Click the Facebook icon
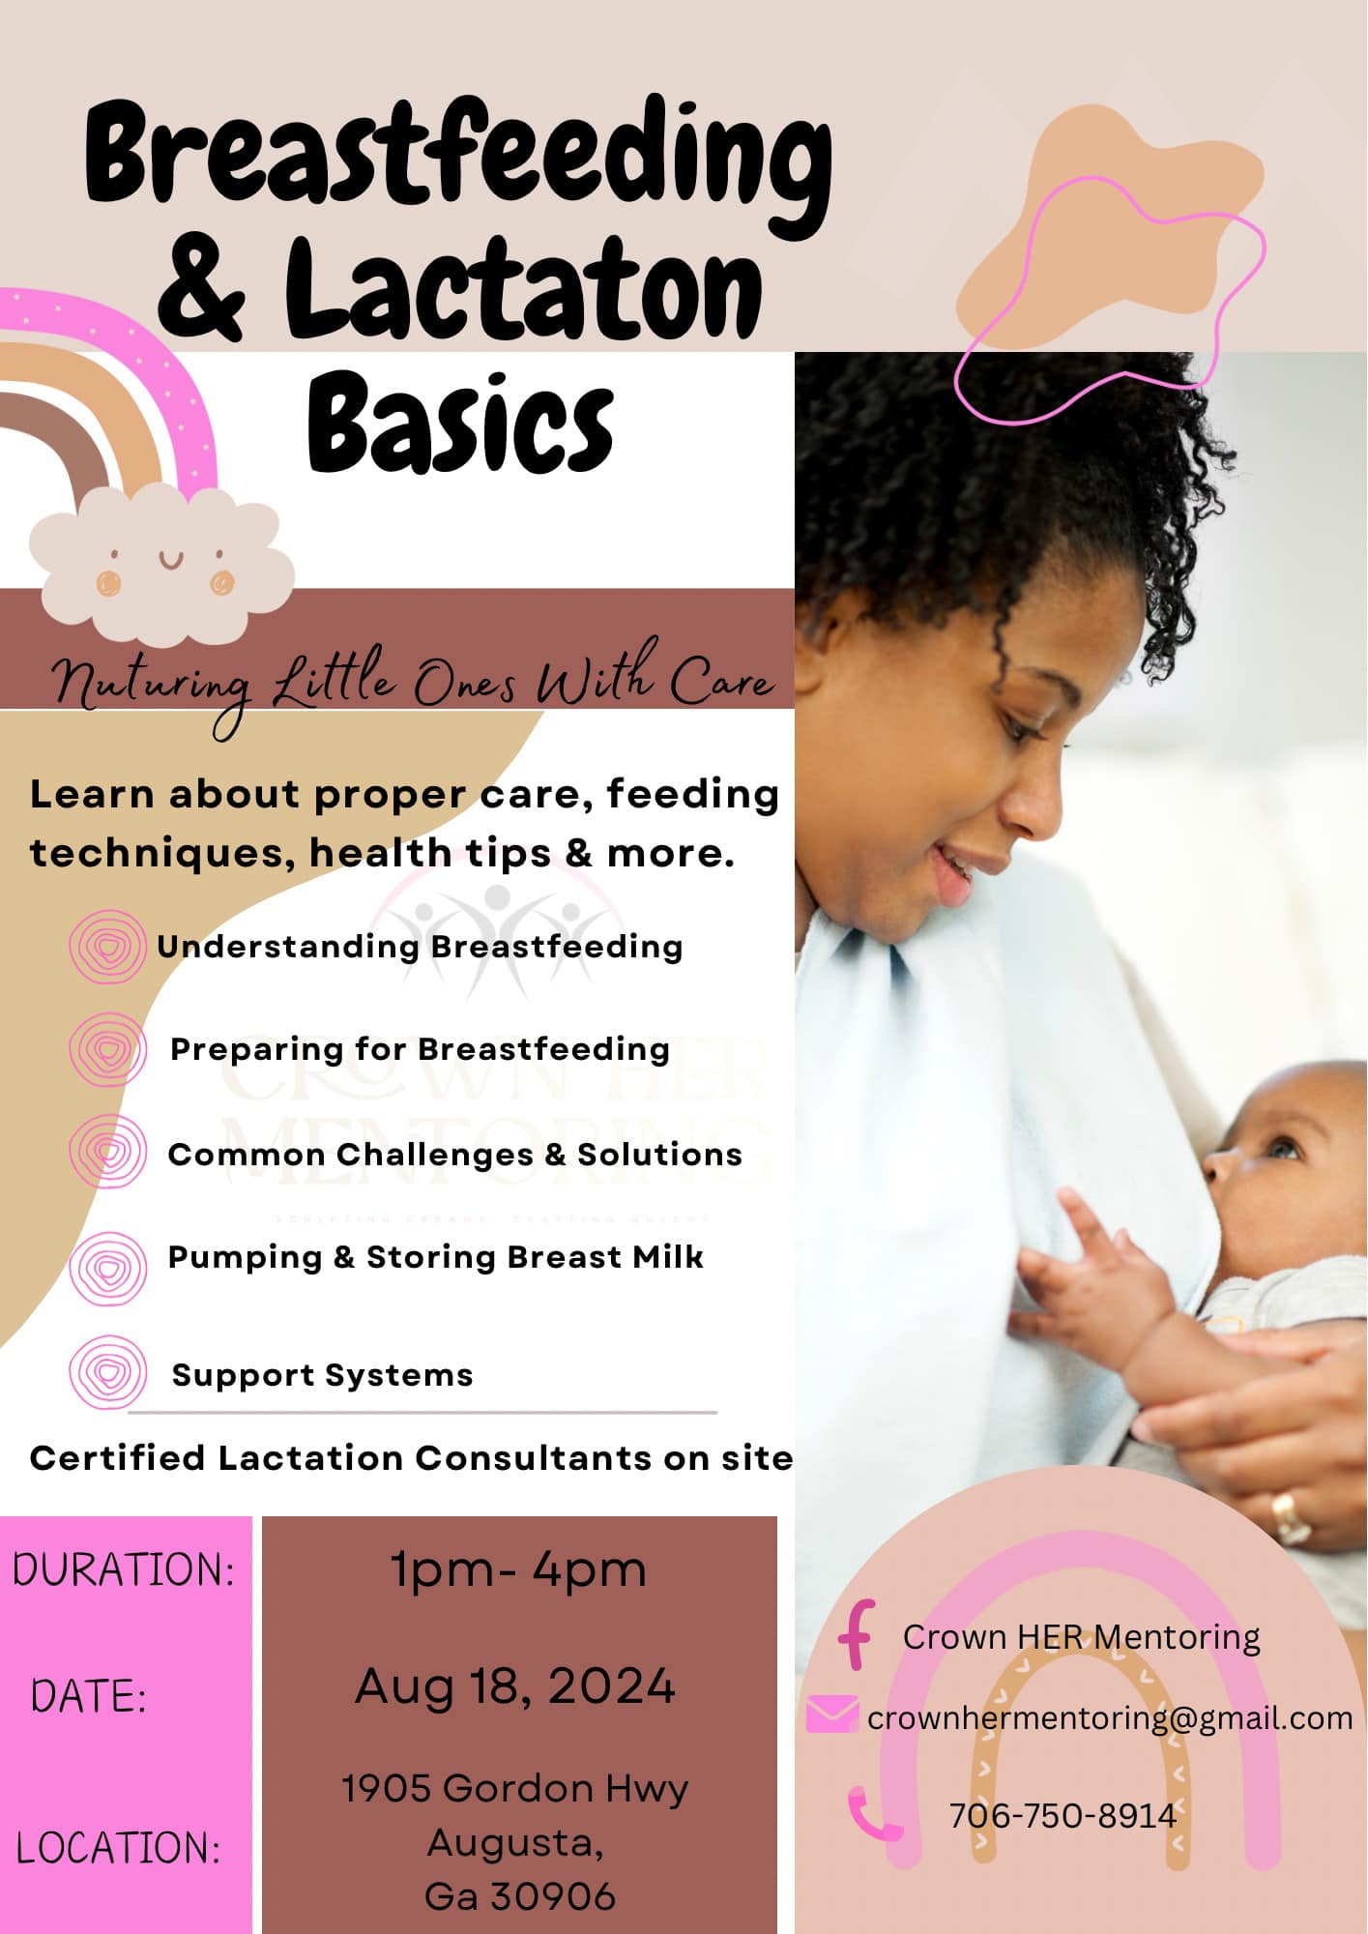[x=857, y=1634]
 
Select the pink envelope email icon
[x=831, y=1714]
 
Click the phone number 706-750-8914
[x=1062, y=1815]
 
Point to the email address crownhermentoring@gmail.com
[x=1110, y=1717]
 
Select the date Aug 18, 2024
[x=515, y=1686]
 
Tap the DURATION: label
[x=124, y=1568]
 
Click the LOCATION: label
[x=118, y=1847]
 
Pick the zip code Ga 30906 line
[x=520, y=1896]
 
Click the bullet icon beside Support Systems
[x=108, y=1371]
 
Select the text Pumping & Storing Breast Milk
[x=436, y=1256]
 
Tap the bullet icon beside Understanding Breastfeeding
[x=108, y=947]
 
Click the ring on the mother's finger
[x=1290, y=1516]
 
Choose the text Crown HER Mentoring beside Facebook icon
[x=1081, y=1636]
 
